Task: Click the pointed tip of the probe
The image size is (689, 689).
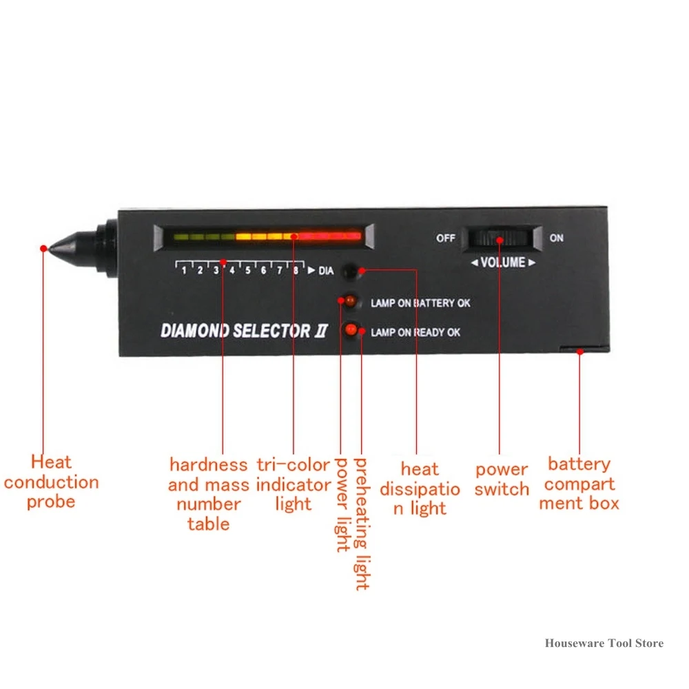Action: [45, 247]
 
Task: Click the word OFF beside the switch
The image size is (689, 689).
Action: [446, 238]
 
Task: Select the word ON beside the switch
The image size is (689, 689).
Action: [556, 238]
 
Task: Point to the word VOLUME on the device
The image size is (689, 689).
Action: [502, 263]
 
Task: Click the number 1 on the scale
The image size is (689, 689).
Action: [184, 271]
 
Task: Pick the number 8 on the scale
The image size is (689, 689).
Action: [296, 271]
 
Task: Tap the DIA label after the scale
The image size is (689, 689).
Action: [325, 271]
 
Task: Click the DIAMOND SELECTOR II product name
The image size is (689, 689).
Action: [245, 331]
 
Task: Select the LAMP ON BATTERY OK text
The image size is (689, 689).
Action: [420, 303]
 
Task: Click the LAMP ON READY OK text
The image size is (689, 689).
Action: [415, 333]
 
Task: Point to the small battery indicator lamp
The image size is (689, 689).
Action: [349, 301]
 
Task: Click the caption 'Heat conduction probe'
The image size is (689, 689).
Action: [51, 482]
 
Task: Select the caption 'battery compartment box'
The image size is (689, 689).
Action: [579, 483]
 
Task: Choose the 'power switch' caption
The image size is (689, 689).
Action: [502, 480]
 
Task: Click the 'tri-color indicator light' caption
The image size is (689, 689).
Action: [294, 484]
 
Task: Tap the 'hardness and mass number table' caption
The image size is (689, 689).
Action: [208, 494]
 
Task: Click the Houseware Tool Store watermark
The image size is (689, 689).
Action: [604, 643]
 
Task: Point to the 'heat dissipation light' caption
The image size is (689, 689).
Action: [420, 489]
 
